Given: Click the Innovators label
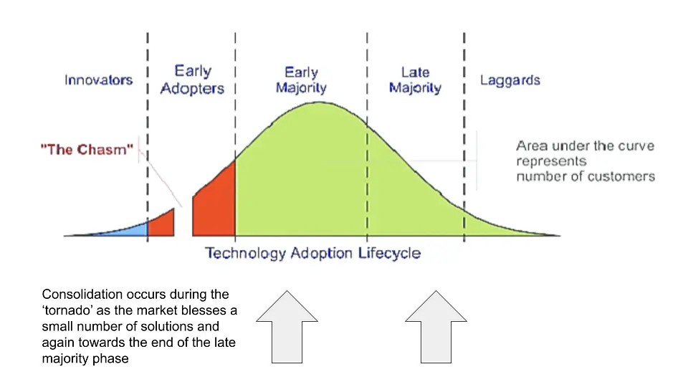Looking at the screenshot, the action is pyautogui.click(x=98, y=80).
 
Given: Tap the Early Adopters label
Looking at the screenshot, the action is pyautogui.click(x=192, y=80).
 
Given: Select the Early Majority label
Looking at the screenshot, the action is pyautogui.click(x=301, y=80).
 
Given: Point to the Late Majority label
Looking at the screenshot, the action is pyautogui.click(x=415, y=80).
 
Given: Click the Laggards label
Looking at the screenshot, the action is pyautogui.click(x=510, y=80).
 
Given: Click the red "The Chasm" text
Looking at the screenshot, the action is pyautogui.click(x=87, y=150).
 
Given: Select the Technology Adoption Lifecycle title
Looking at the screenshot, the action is pyautogui.click(x=313, y=253).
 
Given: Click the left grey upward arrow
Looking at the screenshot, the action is pyautogui.click(x=287, y=327).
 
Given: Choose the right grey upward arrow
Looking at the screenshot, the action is pyautogui.click(x=436, y=327).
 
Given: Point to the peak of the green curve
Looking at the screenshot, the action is pyautogui.click(x=319, y=102).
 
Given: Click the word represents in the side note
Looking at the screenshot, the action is pyautogui.click(x=551, y=162).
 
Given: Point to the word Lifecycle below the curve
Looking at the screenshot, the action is pyautogui.click(x=389, y=253).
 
